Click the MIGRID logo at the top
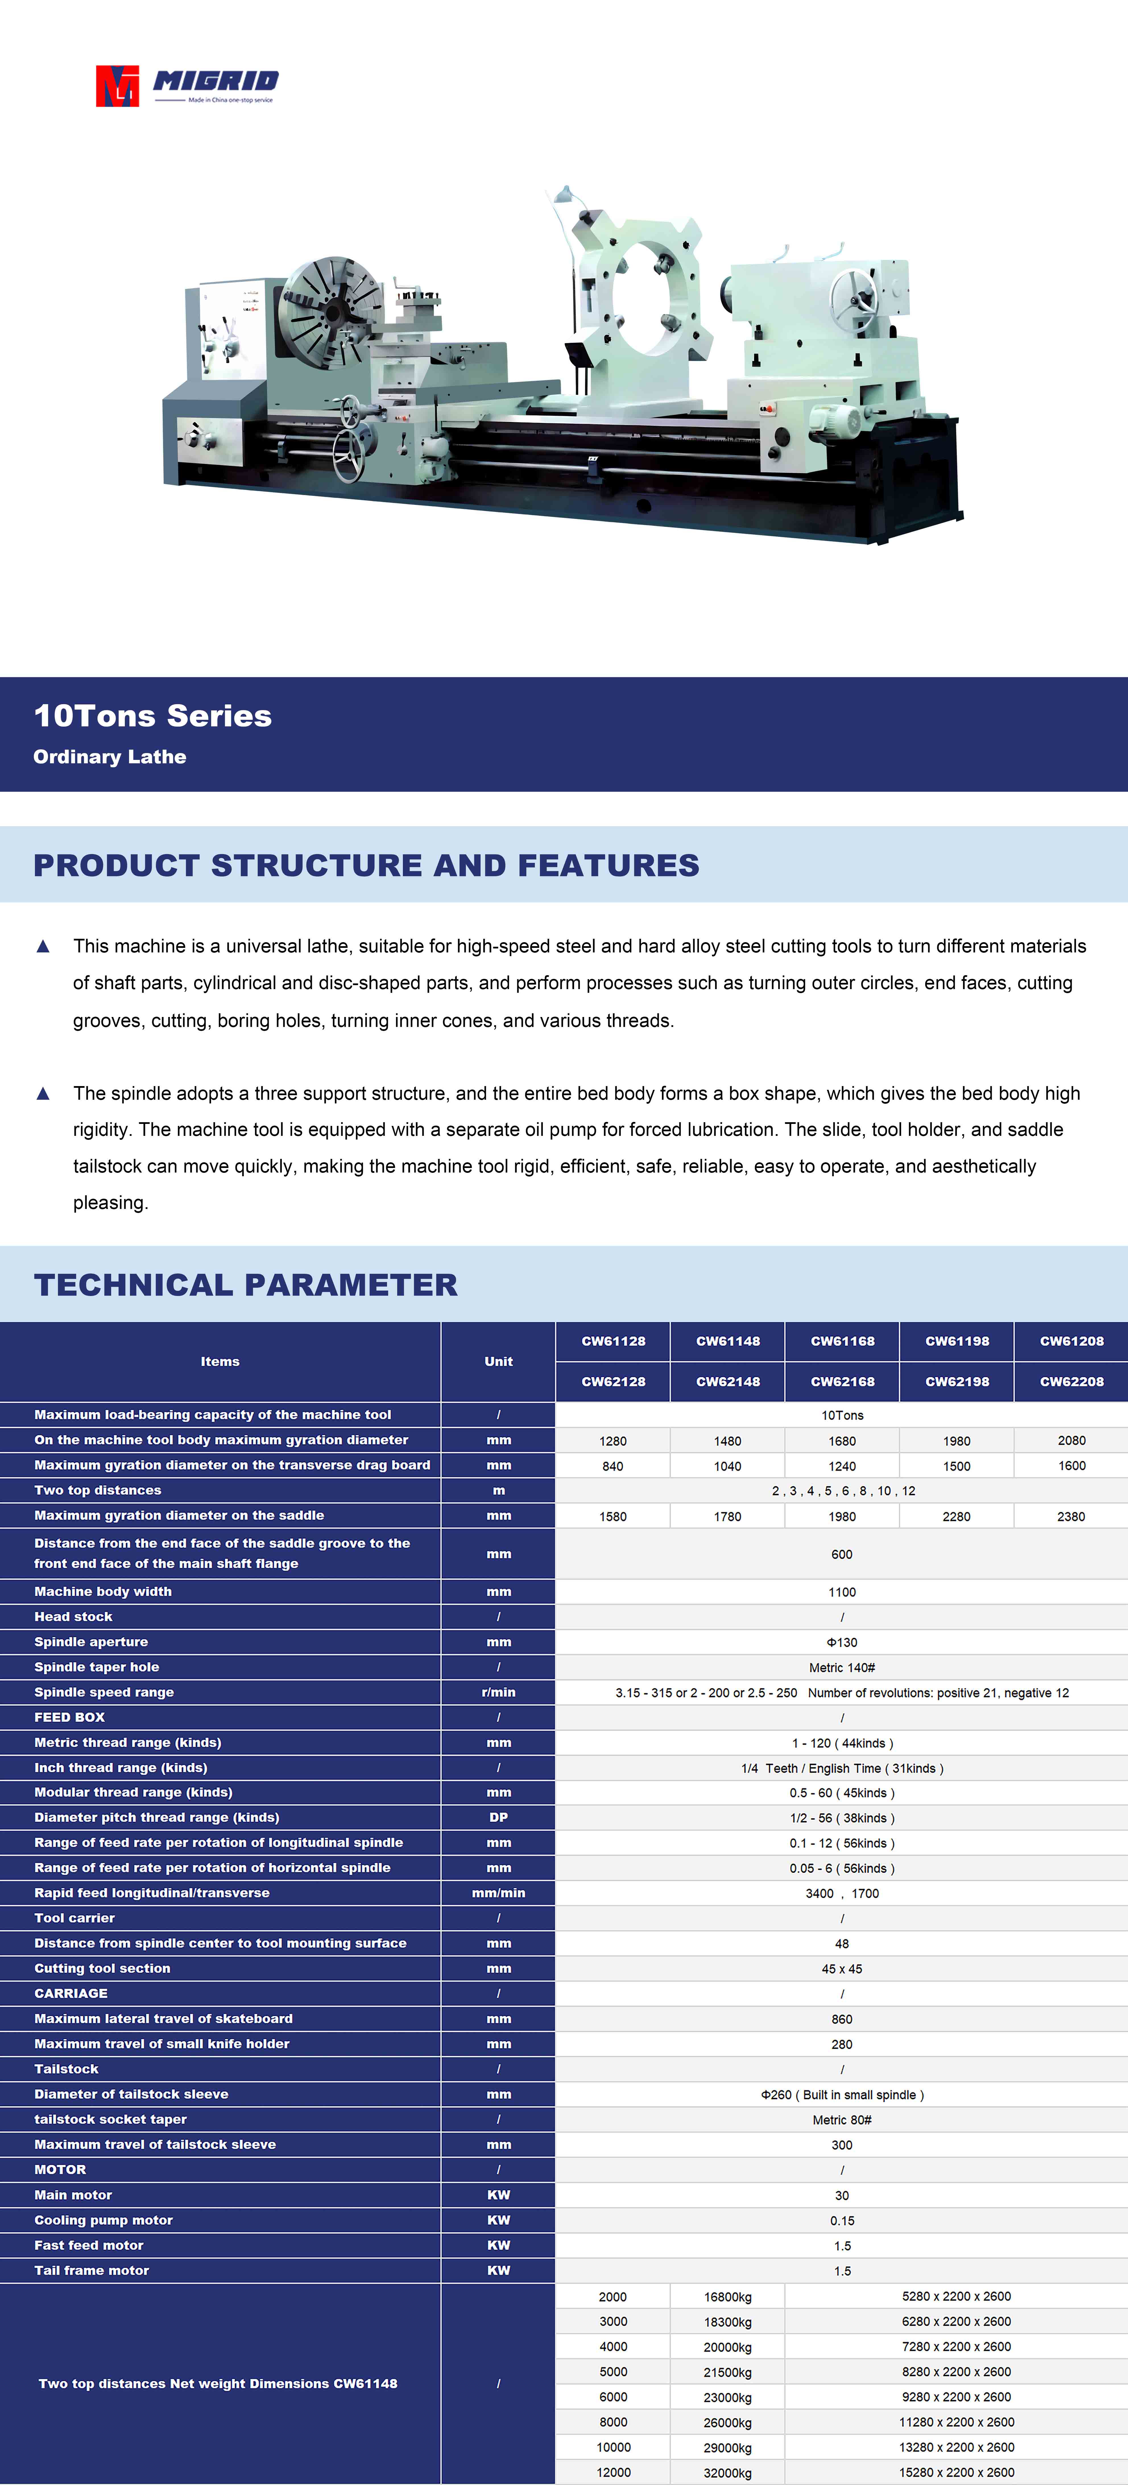(x=187, y=86)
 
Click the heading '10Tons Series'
(x=152, y=716)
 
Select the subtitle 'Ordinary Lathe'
(x=110, y=757)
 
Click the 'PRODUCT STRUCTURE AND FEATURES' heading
(x=367, y=865)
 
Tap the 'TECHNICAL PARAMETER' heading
(x=246, y=1285)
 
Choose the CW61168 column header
(x=843, y=1341)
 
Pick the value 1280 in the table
(x=613, y=1441)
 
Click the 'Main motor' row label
(x=73, y=2195)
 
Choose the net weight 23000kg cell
(x=728, y=2397)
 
